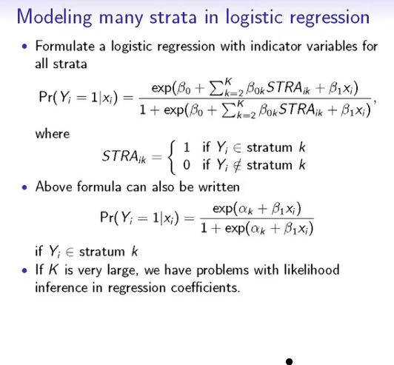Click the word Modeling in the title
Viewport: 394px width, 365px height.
pos(61,18)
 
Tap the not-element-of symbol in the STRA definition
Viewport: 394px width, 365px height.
pos(228,164)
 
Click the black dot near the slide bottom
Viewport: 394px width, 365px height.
pos(290,362)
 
